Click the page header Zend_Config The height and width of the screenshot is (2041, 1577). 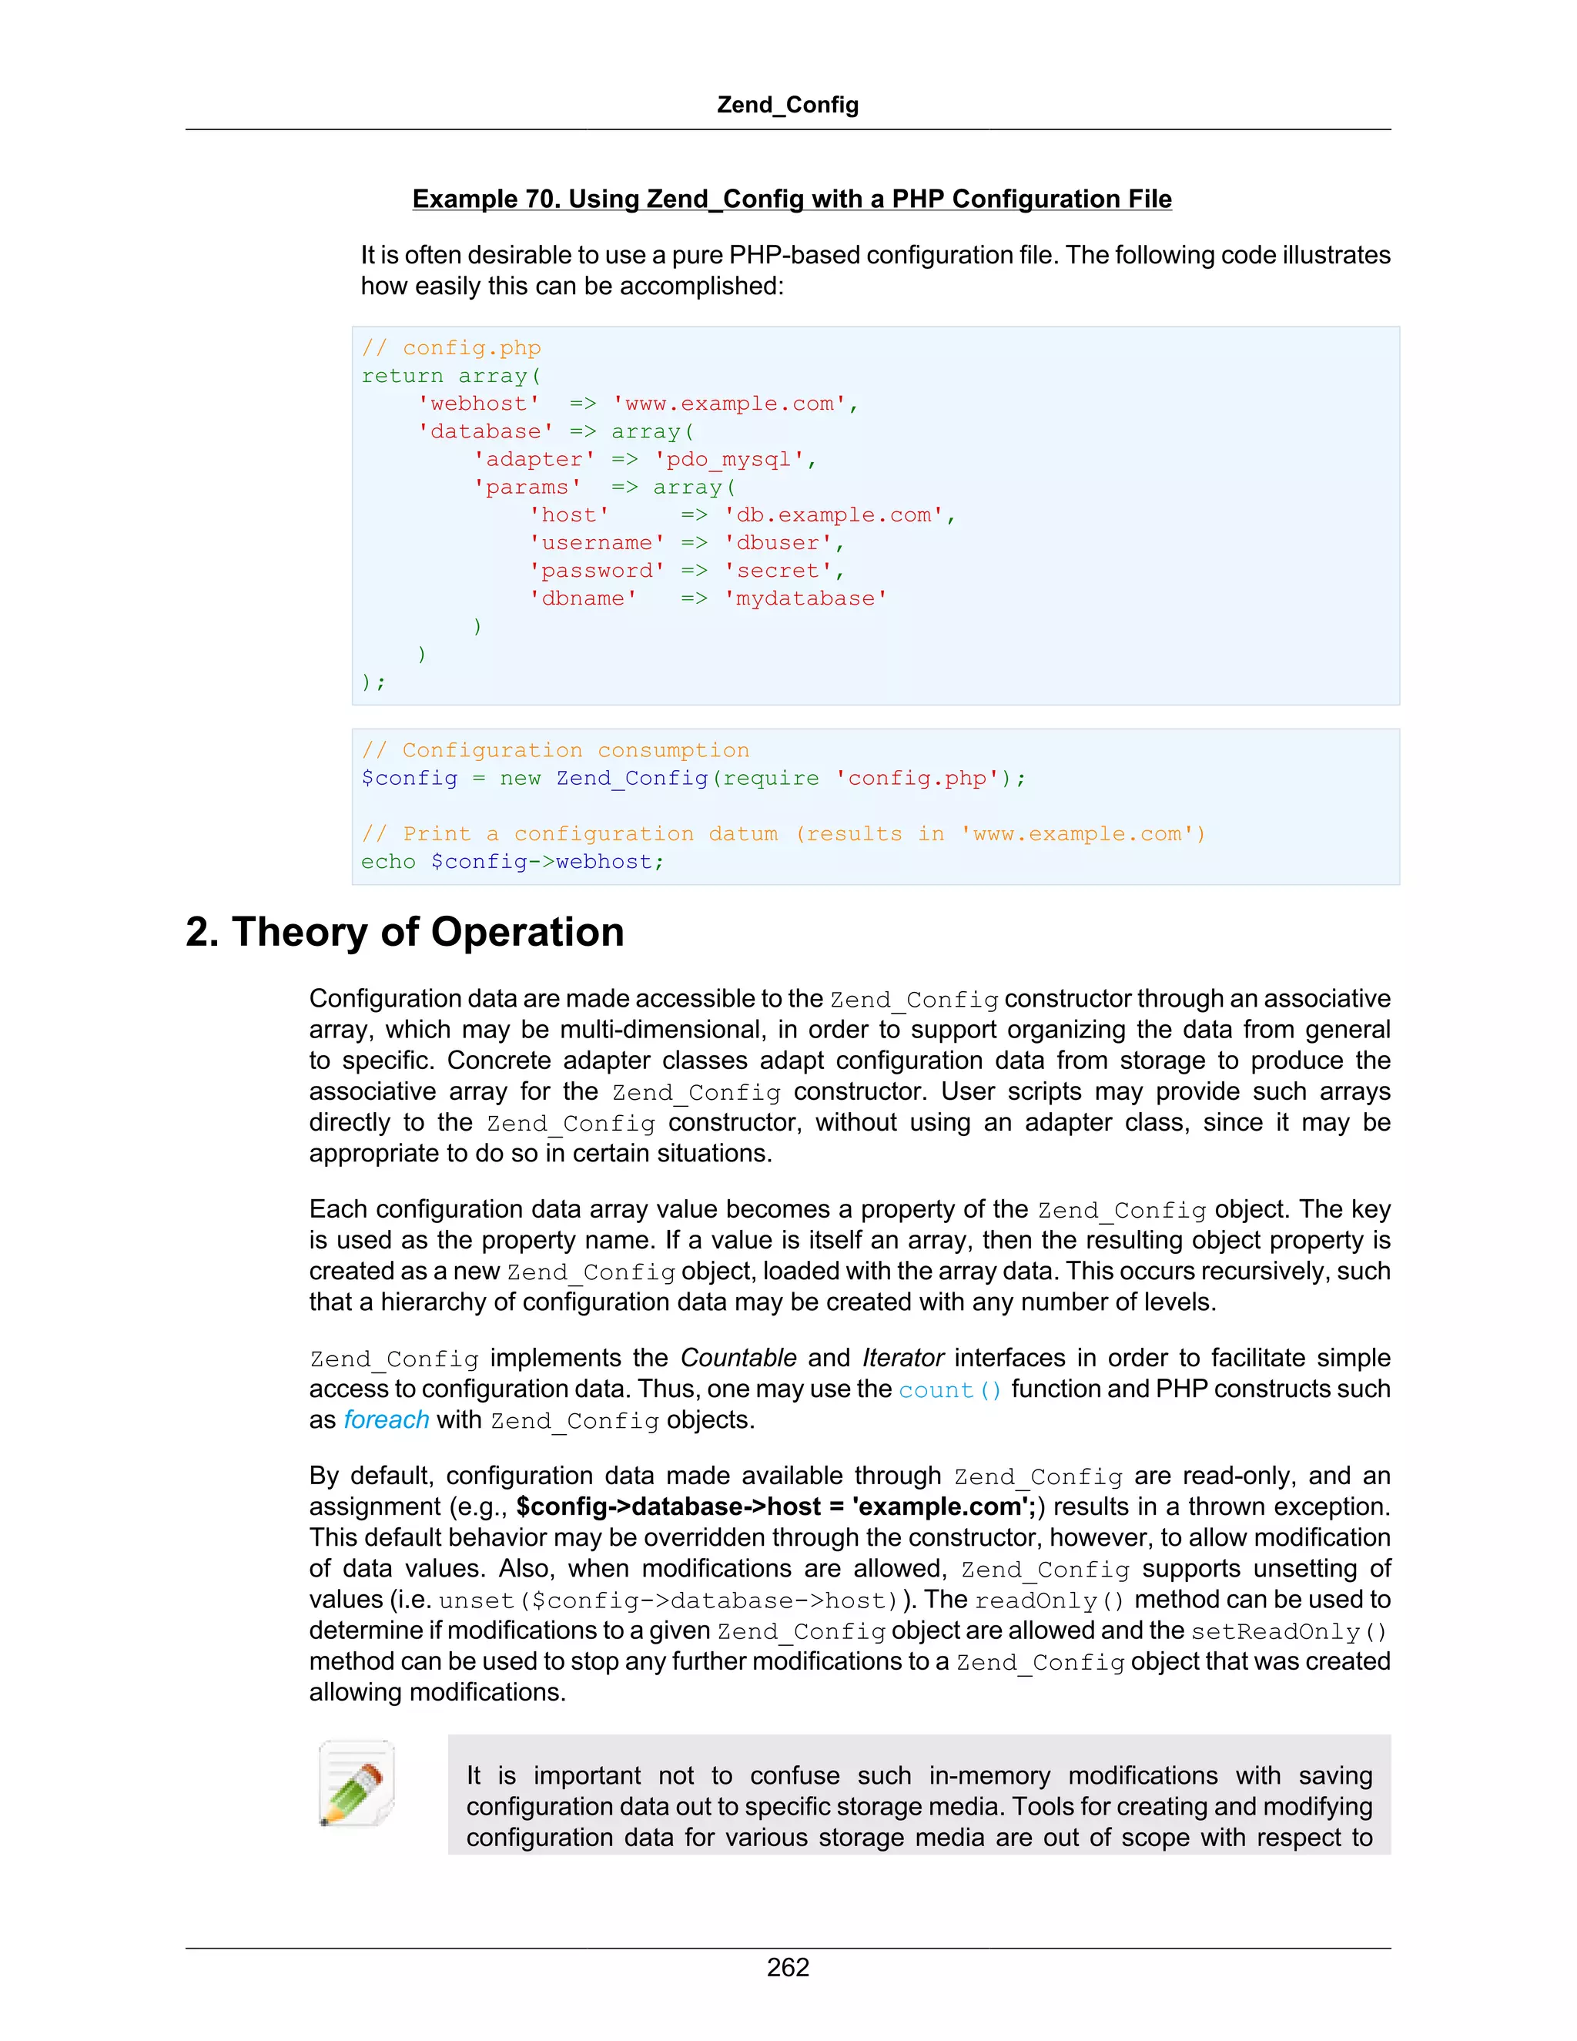click(788, 105)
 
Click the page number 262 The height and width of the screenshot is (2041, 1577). click(788, 1967)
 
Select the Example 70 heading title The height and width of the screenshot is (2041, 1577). click(792, 199)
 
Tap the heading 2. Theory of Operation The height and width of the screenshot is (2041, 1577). click(404, 932)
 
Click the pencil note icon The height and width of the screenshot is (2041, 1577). click(356, 1782)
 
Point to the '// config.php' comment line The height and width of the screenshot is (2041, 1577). click(451, 347)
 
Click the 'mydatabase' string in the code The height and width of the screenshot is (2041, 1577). click(805, 599)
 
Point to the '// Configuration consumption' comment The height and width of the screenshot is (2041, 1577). click(555, 750)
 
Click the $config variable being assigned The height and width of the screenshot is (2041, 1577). click(409, 779)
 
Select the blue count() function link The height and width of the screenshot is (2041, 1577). click(950, 1389)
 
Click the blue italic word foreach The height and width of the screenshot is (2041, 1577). click(386, 1420)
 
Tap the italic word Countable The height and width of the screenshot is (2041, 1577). click(738, 1358)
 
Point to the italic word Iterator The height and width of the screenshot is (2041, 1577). click(902, 1358)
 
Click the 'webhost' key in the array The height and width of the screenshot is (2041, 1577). click(478, 404)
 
